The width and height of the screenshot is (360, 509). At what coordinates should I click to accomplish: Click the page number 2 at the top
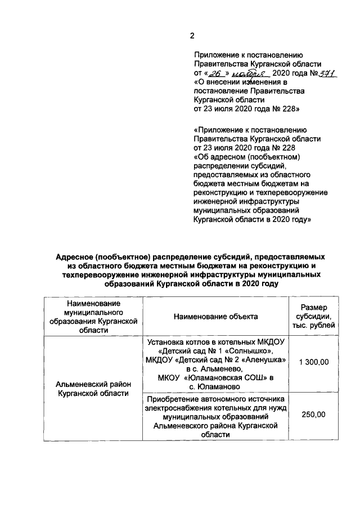point(192,35)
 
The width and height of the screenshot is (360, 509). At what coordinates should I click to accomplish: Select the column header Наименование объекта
point(216,317)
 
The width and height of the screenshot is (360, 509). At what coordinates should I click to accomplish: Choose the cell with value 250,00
point(313,415)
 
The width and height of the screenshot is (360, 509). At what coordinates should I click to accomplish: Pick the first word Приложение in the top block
point(215,55)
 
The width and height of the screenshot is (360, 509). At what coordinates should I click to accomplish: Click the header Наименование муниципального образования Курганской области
point(93,317)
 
